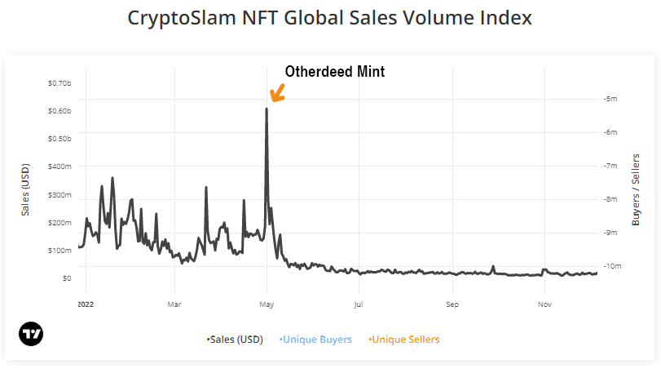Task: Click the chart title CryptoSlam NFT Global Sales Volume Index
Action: coord(330,18)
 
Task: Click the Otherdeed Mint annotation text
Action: coord(334,72)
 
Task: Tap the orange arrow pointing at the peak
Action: coord(277,93)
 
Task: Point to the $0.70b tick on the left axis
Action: coord(60,83)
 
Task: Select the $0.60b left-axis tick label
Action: coord(60,111)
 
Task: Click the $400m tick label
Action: coord(60,167)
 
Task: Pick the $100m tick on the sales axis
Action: coord(60,251)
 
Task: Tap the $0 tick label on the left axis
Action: coord(66,278)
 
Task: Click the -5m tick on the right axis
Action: coord(610,99)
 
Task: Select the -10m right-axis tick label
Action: coord(612,267)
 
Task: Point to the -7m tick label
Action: coord(610,166)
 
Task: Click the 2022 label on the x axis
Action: coord(84,305)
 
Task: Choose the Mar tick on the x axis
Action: coord(174,305)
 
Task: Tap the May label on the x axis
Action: coord(267,305)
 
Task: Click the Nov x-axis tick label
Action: coord(544,305)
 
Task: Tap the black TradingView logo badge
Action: coord(31,334)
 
